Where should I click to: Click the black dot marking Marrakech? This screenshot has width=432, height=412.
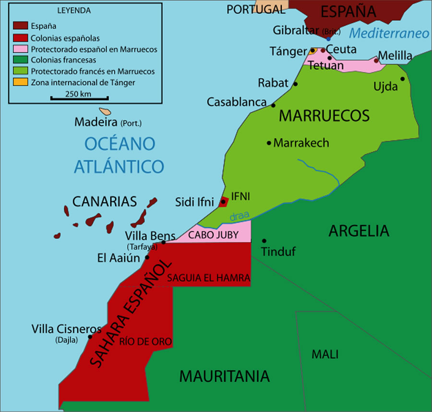click(x=269, y=143)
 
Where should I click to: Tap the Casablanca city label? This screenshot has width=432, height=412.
click(x=237, y=102)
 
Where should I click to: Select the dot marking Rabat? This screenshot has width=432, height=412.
click(x=295, y=84)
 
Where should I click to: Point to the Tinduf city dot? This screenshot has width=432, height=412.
click(x=264, y=240)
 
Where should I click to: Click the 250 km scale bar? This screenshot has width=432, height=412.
click(x=79, y=98)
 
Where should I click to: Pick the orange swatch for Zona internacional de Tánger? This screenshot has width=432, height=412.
click(x=20, y=82)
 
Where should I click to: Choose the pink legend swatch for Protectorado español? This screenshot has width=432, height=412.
click(x=20, y=49)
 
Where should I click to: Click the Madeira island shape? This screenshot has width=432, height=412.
click(x=105, y=111)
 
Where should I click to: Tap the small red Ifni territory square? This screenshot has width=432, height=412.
click(x=223, y=202)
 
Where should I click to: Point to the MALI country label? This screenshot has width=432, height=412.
click(x=325, y=355)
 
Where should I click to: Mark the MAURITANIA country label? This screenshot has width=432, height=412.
click(x=224, y=376)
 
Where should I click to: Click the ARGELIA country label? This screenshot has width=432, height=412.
click(x=359, y=231)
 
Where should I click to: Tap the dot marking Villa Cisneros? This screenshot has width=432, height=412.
click(x=90, y=337)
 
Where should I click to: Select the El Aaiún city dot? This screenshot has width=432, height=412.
click(x=147, y=257)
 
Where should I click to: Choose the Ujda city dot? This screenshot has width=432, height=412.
click(x=402, y=79)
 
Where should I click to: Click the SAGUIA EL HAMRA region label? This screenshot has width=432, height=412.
click(x=208, y=277)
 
